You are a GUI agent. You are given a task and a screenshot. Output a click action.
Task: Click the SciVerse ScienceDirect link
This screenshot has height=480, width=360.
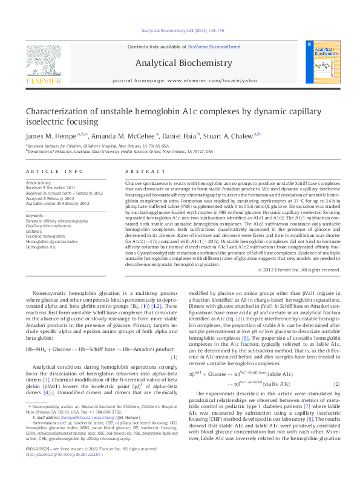tap(214, 47)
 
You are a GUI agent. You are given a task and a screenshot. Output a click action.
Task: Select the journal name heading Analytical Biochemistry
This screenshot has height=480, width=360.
tap(183, 63)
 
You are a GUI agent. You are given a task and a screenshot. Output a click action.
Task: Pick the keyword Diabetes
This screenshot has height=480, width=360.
tap(34, 230)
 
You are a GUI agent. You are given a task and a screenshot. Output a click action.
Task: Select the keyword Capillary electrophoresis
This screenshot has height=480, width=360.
tap(48, 225)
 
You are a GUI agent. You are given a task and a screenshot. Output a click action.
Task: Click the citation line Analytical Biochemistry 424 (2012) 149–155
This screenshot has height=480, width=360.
tap(180, 30)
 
